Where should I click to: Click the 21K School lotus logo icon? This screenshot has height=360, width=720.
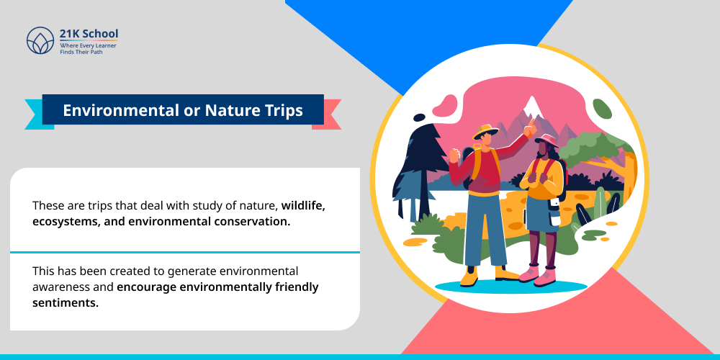point(40,41)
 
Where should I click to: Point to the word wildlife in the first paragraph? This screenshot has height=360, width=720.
point(303,206)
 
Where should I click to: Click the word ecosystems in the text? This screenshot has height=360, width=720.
point(66,221)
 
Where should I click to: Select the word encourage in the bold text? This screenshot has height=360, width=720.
point(148,287)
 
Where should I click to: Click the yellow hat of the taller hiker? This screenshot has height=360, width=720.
point(485,132)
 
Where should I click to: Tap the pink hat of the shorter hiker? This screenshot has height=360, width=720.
point(546,140)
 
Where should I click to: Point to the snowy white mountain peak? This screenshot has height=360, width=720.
point(532,108)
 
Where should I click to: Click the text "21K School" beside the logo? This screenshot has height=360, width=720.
point(89,34)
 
